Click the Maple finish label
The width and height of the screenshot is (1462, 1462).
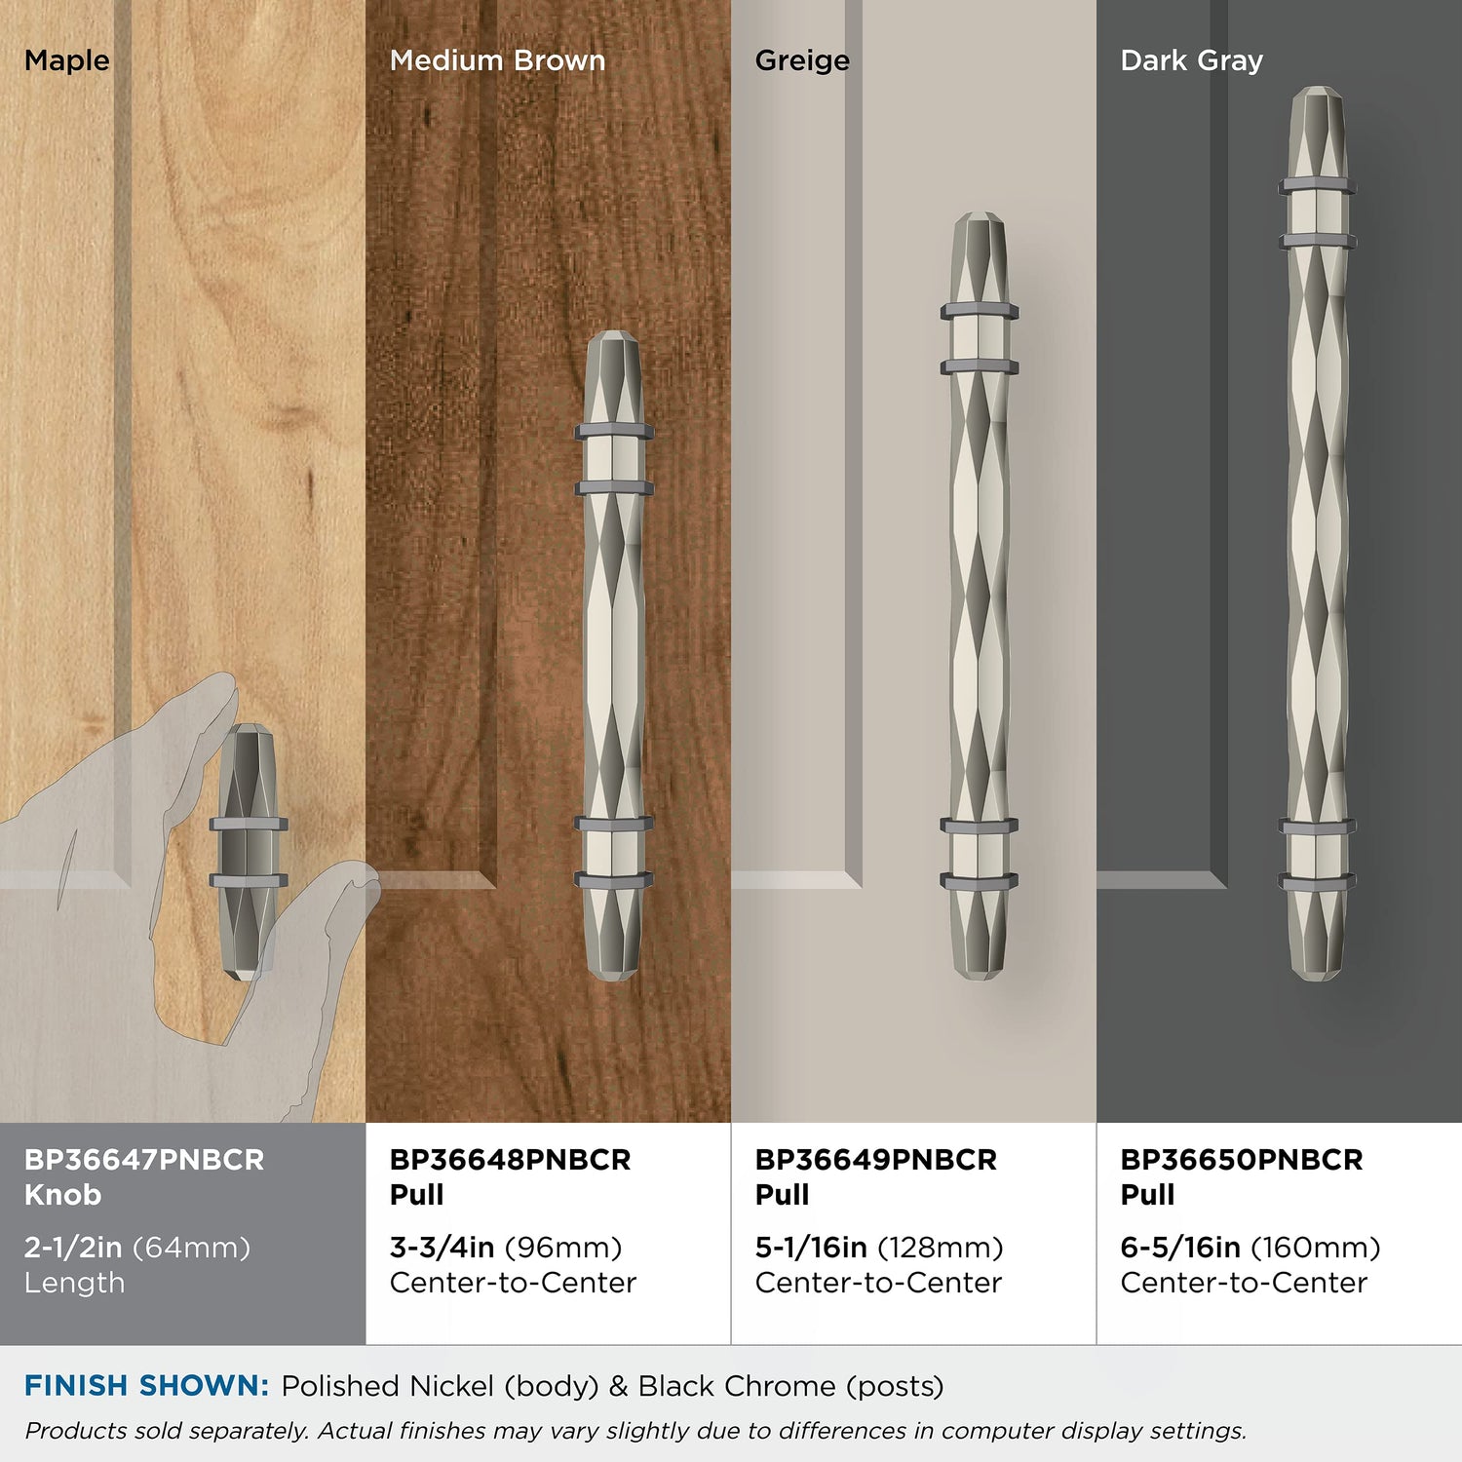tap(67, 61)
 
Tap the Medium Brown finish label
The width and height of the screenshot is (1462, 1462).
tap(497, 60)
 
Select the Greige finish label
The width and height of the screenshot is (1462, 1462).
tap(802, 61)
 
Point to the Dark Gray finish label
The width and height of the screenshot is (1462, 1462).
tap(1191, 61)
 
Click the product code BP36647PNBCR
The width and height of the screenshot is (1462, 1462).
tap(144, 1160)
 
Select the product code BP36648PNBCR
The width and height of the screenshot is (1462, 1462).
tap(510, 1160)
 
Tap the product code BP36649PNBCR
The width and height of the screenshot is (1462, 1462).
tap(875, 1160)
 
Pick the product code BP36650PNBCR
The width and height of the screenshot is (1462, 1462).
tap(1241, 1160)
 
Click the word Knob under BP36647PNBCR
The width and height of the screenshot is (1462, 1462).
tap(62, 1195)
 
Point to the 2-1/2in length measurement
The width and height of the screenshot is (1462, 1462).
tap(73, 1248)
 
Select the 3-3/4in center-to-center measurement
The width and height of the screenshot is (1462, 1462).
tap(442, 1248)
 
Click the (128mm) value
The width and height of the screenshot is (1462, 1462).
tap(941, 1248)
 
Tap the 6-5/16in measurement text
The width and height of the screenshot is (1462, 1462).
tap(1180, 1248)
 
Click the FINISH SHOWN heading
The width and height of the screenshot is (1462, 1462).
tap(146, 1386)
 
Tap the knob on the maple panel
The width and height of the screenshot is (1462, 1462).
tap(249, 852)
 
